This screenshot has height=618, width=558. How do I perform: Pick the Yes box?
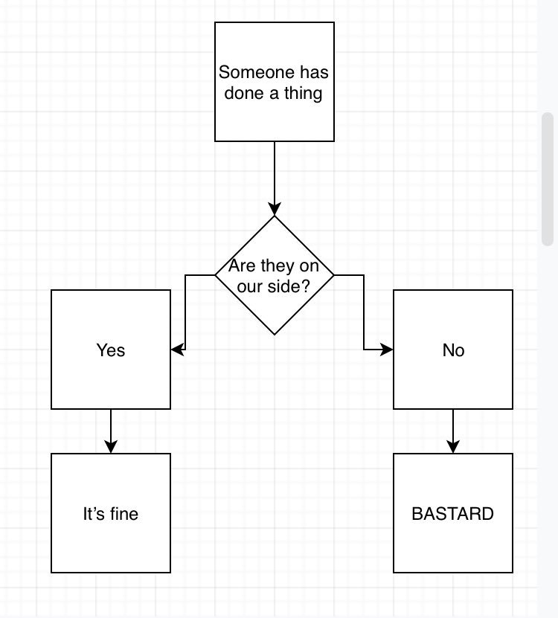[111, 372]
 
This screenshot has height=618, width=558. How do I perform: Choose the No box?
[453, 372]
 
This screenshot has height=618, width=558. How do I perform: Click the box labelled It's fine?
[111, 535]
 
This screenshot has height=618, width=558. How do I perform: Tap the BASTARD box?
[453, 535]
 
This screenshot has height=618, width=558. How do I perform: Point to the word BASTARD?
[453, 514]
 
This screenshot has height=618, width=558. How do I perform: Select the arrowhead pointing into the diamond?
[275, 209]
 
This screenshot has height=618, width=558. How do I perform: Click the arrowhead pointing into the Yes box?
[177, 350]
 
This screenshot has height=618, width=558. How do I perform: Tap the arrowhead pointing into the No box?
[387, 350]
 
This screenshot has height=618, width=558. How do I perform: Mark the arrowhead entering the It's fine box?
[111, 446]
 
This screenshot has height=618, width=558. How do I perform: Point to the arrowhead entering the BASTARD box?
[453, 446]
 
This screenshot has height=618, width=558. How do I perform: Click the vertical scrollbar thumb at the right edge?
[548, 178]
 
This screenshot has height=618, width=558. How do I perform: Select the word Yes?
[111, 350]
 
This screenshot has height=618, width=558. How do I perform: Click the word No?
[453, 350]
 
